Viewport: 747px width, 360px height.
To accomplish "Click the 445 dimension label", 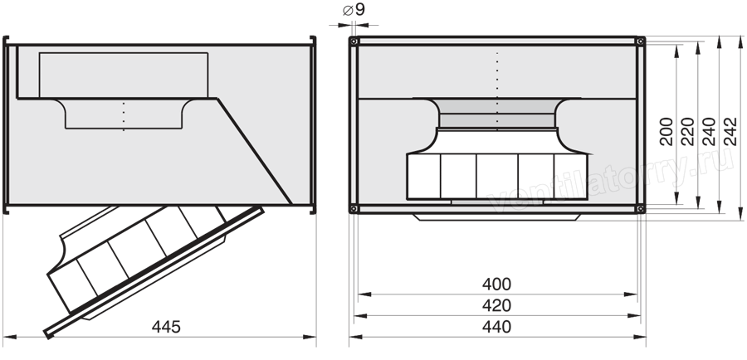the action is pyautogui.click(x=166, y=327).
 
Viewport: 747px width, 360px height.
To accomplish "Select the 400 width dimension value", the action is pyautogui.click(x=496, y=285).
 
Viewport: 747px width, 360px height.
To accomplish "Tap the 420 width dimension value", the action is pyautogui.click(x=496, y=305).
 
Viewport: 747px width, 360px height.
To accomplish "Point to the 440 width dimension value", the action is pyautogui.click(x=496, y=327).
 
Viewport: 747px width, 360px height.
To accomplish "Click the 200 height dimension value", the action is pyautogui.click(x=666, y=131).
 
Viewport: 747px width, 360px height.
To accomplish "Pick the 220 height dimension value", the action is pyautogui.click(x=688, y=131).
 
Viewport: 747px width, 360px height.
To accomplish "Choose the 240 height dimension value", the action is pyautogui.click(x=709, y=131).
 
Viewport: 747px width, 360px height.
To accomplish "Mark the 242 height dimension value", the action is pyautogui.click(x=730, y=131).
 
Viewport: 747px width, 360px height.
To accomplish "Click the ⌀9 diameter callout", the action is pyautogui.click(x=354, y=9).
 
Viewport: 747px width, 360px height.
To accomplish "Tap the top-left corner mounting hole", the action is pyautogui.click(x=354, y=41).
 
